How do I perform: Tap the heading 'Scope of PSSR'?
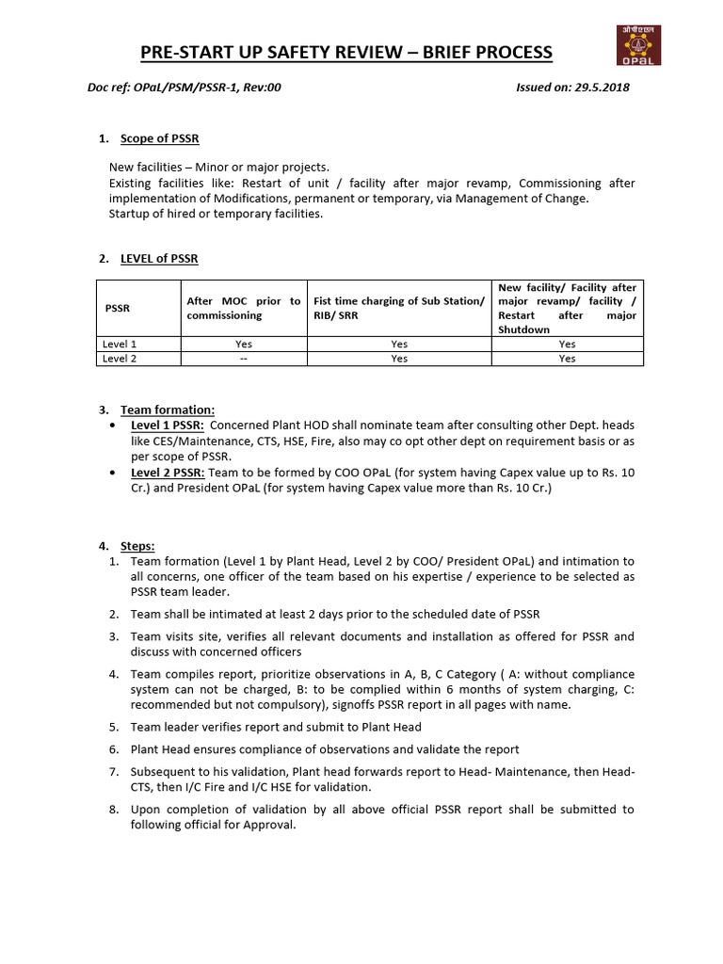159,139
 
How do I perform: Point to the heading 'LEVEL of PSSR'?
159,259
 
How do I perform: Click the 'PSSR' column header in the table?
118,308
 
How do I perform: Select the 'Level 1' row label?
120,345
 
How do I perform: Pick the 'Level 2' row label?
120,359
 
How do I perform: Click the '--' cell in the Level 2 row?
244,359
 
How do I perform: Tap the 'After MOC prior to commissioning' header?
244,308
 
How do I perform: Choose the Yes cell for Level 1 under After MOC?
244,345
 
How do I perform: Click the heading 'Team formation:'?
168,410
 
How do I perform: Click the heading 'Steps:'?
137,546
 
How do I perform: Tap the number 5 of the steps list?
113,727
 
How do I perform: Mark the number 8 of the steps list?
113,810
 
